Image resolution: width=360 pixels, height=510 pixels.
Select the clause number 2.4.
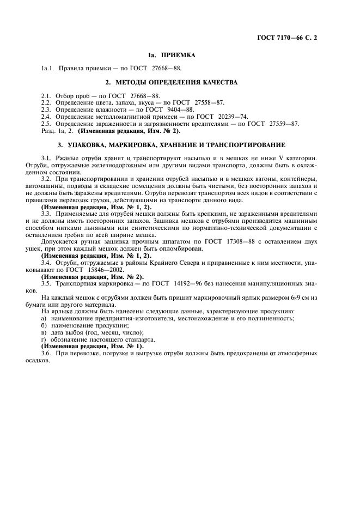[46, 117]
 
